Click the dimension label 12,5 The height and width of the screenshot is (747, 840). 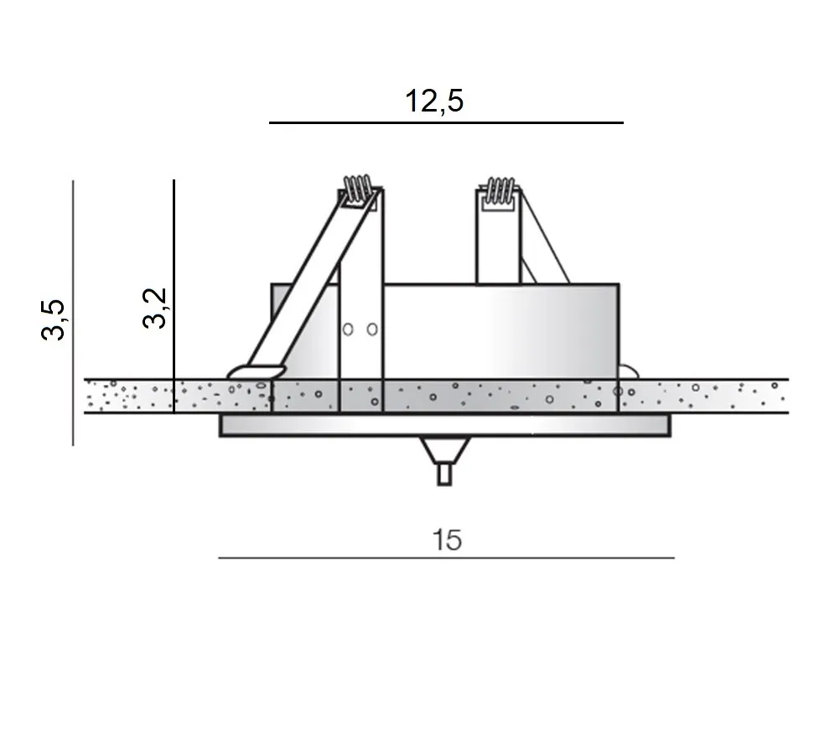click(x=434, y=101)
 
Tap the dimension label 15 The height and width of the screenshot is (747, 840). click(x=448, y=541)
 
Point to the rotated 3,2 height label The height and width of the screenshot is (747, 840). click(x=155, y=308)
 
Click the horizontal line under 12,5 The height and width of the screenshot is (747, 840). click(x=446, y=123)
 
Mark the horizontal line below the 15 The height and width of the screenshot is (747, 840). click(x=446, y=558)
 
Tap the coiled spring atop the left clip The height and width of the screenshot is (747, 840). click(x=358, y=189)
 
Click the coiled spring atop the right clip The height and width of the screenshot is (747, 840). click(x=500, y=192)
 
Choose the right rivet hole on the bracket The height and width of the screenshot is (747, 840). click(x=371, y=329)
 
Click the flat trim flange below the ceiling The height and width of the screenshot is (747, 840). click(x=444, y=425)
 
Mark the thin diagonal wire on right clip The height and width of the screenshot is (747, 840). click(x=545, y=243)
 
